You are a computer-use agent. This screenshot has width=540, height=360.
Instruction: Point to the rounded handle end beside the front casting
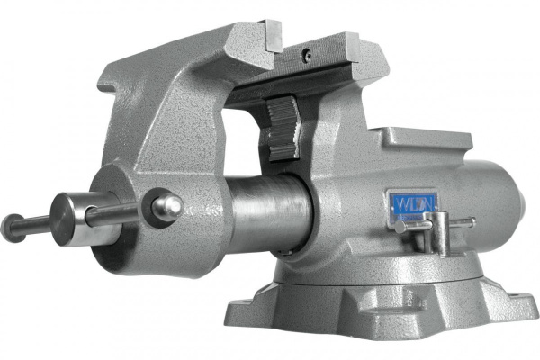click(167, 206)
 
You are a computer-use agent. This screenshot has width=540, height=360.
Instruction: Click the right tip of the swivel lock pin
click(471, 220)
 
